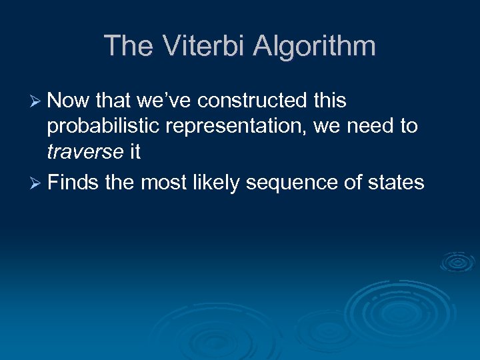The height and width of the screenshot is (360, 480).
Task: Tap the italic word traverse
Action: [x=85, y=153]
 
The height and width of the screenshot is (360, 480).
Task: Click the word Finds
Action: [x=73, y=182]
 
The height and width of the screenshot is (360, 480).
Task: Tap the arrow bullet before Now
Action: [x=37, y=102]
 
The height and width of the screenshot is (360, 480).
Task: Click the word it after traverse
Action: [x=135, y=153]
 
